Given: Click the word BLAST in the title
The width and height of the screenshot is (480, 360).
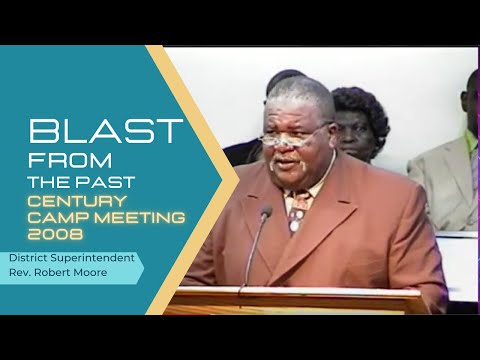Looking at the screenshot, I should [x=105, y=131].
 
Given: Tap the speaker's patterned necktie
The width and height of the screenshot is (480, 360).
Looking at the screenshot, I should [x=298, y=211].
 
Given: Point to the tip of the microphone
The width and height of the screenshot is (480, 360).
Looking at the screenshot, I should [x=267, y=211].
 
